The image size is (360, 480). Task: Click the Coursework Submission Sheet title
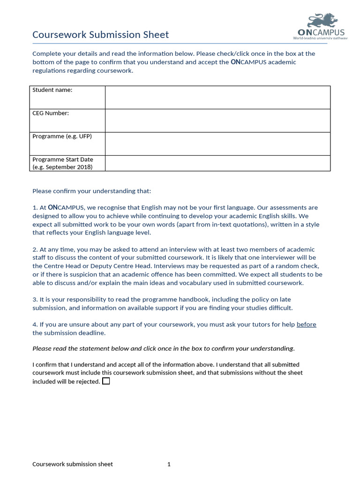(100, 35)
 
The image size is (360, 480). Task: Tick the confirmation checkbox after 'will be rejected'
(106, 381)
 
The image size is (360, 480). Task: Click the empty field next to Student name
(217, 97)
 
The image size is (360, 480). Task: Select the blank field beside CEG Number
(217, 120)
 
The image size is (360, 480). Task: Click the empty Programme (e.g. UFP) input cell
(217, 144)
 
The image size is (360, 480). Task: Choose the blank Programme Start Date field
(217, 163)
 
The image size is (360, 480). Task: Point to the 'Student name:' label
(52, 90)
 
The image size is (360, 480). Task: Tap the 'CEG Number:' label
(50, 113)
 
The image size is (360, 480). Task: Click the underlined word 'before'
(306, 324)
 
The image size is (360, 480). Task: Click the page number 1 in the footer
(169, 464)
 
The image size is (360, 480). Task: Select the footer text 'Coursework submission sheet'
(72, 464)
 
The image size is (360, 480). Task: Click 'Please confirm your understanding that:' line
(92, 191)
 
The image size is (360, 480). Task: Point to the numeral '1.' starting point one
(35, 208)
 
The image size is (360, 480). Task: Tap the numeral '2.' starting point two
(35, 249)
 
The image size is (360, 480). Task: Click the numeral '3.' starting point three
(35, 300)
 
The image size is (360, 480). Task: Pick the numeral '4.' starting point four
(35, 324)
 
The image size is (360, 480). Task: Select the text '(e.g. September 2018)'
(62, 167)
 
